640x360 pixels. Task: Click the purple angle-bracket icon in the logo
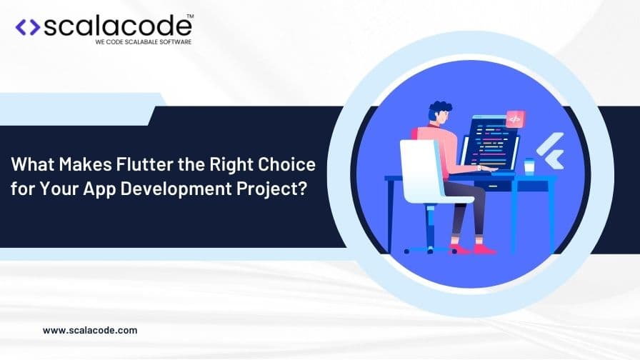(28, 27)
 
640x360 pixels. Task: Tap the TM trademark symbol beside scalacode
(190, 16)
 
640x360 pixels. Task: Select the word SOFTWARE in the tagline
(176, 42)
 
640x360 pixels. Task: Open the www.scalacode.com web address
(90, 330)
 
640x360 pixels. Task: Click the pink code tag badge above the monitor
(515, 119)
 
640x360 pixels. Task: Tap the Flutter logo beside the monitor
(550, 150)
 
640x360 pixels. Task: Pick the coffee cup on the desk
(529, 167)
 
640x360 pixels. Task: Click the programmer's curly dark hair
(439, 108)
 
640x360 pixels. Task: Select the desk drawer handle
(493, 186)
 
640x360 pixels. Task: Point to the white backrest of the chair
(420, 169)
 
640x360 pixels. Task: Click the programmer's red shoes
(473, 249)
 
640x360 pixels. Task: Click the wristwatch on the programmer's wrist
(479, 168)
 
